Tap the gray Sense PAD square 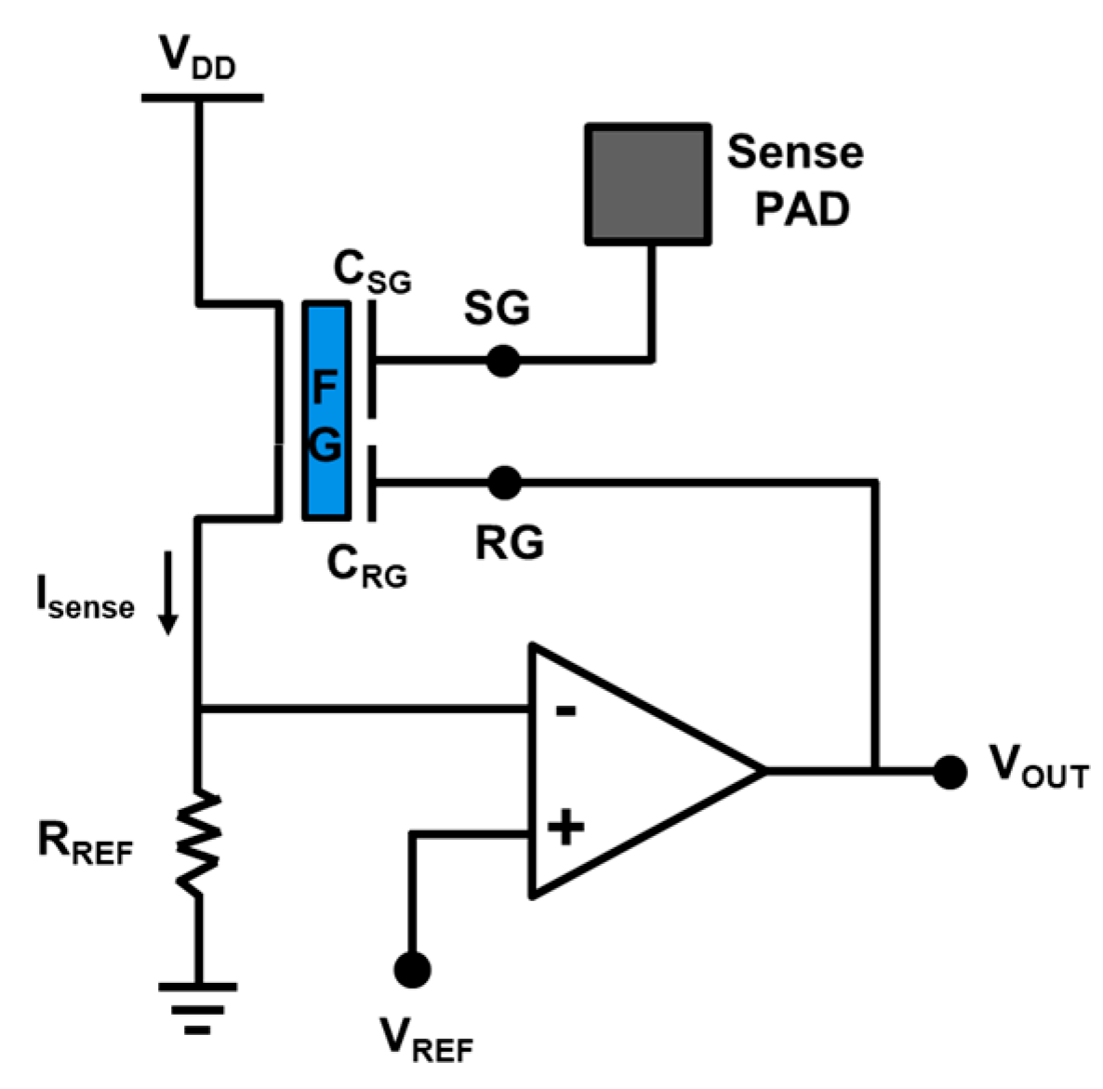648,183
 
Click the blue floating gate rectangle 326,410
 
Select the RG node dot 504,482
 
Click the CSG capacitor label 371,273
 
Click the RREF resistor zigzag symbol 198,843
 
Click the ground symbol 197,1008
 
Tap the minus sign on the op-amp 565,712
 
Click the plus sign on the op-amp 565,826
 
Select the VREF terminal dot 411,968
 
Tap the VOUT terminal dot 949,771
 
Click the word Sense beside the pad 794,153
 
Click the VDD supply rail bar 202,97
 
